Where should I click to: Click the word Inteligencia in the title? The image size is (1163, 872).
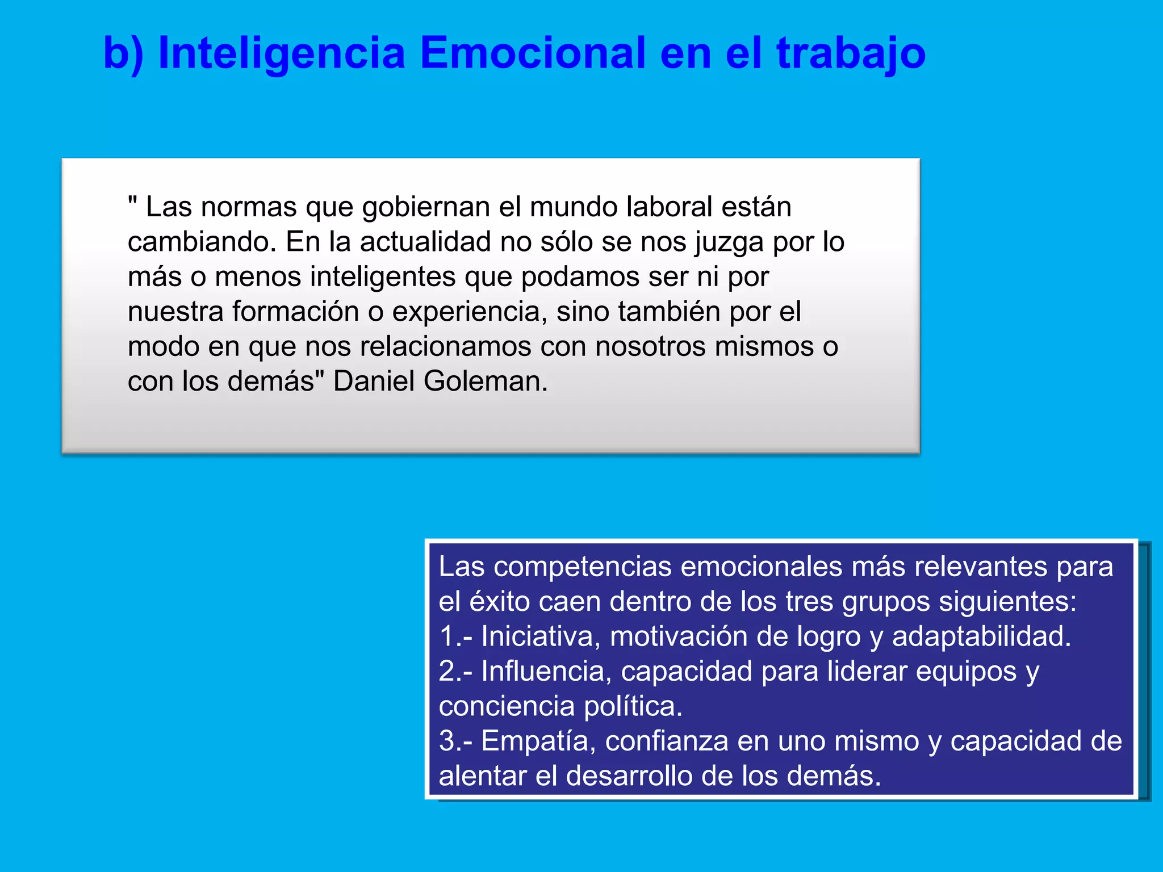click(282, 53)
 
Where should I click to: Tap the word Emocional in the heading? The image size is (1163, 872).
click(533, 53)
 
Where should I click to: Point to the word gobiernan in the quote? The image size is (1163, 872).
click(426, 207)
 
